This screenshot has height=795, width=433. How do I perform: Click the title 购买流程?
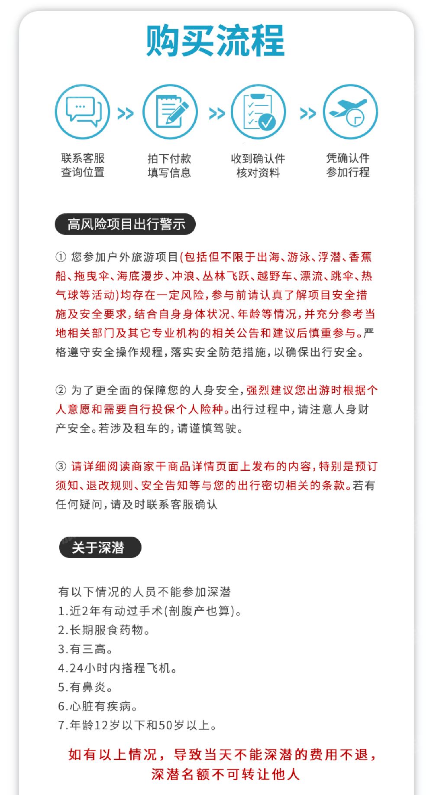point(215,41)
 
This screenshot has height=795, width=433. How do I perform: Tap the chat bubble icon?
point(83,112)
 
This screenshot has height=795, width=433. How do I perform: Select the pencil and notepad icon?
point(170,112)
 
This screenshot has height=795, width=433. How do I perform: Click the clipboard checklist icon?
point(259,112)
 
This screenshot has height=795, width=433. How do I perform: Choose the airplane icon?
point(350,112)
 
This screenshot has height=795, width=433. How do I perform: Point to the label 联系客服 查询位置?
point(83,165)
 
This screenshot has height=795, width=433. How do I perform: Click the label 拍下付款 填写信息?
point(169,165)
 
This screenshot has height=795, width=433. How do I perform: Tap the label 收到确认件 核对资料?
point(258,165)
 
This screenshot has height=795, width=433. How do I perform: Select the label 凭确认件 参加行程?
point(348,165)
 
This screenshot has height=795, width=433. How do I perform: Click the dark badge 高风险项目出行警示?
point(125,224)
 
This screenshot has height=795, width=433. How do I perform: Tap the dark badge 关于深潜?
point(100,547)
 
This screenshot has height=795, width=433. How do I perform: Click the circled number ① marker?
point(61,257)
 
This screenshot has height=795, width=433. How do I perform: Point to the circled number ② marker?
point(61,390)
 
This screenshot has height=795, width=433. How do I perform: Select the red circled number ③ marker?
point(61,466)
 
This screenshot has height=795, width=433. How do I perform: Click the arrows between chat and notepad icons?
point(126,114)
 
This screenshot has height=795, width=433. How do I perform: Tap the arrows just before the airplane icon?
point(308,114)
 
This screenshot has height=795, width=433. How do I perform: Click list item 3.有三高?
point(85,649)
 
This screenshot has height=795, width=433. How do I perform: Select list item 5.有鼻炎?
point(85,687)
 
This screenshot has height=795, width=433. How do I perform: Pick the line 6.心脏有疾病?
point(97,706)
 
